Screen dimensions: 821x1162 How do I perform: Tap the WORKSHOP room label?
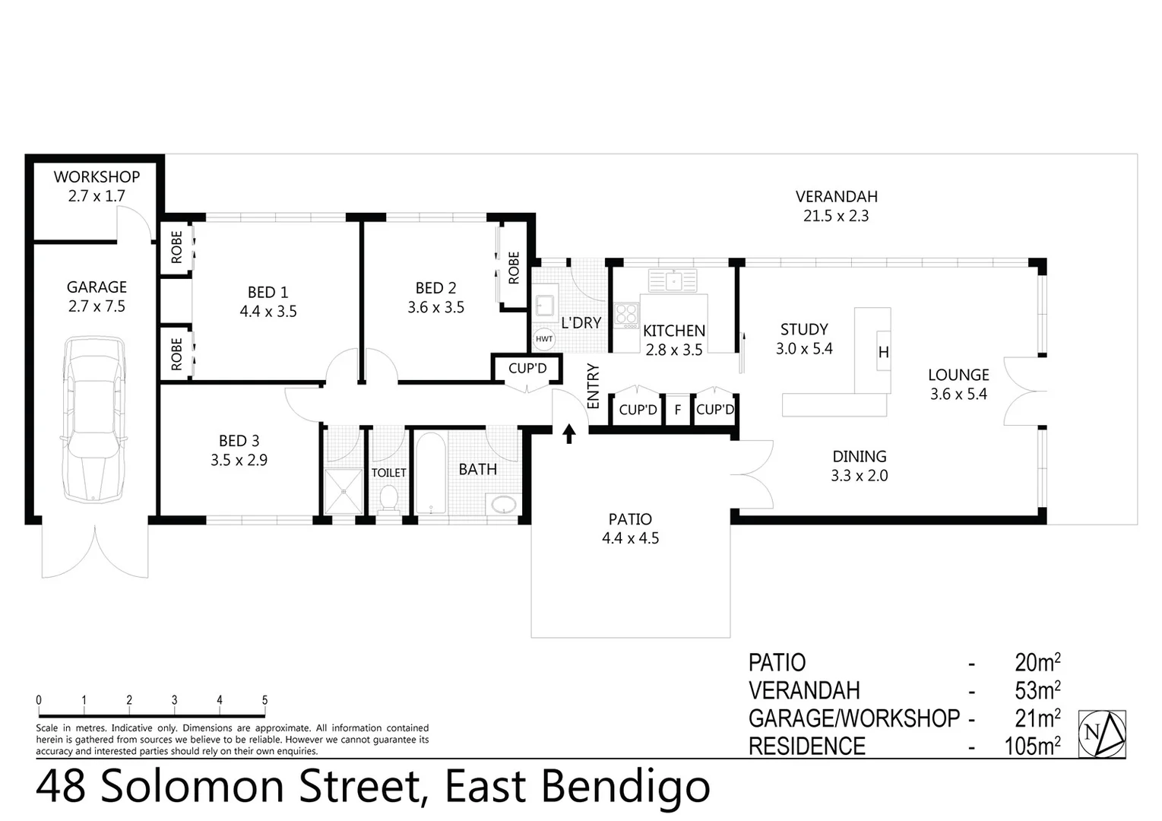pyautogui.click(x=97, y=177)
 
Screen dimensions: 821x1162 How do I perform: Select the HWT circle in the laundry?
pyautogui.click(x=544, y=339)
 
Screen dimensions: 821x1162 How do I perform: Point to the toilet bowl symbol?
pyautogui.click(x=388, y=499)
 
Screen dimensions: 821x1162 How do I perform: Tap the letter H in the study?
pyautogui.click(x=883, y=352)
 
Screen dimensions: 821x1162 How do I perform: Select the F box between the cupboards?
pyautogui.click(x=677, y=410)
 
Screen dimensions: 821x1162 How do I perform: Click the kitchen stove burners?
pyautogui.click(x=626, y=315)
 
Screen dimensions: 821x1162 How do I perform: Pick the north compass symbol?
pyautogui.click(x=1102, y=734)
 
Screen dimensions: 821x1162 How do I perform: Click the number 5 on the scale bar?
pyautogui.click(x=264, y=700)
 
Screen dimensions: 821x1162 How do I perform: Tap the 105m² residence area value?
pyautogui.click(x=1032, y=747)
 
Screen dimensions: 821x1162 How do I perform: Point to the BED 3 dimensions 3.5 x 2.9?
pyautogui.click(x=239, y=460)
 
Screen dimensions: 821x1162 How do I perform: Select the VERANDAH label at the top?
pyautogui.click(x=836, y=197)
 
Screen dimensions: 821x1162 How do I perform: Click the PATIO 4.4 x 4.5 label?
pyautogui.click(x=630, y=528)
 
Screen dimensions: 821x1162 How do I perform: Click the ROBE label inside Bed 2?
pyautogui.click(x=514, y=268)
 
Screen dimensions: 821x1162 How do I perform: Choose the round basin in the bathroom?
pyautogui.click(x=503, y=503)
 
